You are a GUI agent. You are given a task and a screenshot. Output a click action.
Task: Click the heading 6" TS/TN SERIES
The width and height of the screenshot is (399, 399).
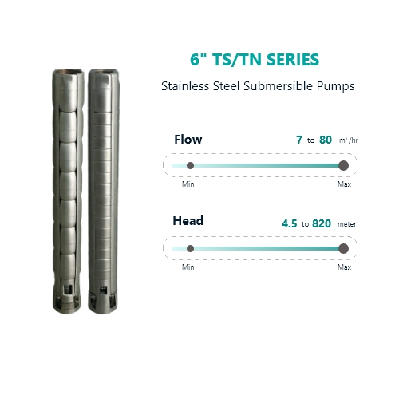(255, 59)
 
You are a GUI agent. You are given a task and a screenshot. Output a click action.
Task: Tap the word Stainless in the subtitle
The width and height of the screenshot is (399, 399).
(185, 86)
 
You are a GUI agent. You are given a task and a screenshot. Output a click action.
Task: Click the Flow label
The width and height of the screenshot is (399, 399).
(188, 140)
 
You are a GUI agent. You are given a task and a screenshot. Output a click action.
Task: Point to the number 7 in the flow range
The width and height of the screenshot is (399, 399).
(299, 140)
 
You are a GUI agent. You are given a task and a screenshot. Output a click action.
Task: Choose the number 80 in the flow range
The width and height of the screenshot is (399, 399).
(326, 140)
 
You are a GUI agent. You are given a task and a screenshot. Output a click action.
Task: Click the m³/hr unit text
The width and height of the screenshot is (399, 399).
(349, 140)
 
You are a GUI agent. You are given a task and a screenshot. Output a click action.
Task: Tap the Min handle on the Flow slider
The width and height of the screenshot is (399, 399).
(190, 165)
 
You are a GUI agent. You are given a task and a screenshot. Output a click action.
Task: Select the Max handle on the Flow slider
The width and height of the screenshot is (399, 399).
(343, 165)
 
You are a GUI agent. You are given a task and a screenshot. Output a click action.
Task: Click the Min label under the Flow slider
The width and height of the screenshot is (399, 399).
(188, 184)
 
